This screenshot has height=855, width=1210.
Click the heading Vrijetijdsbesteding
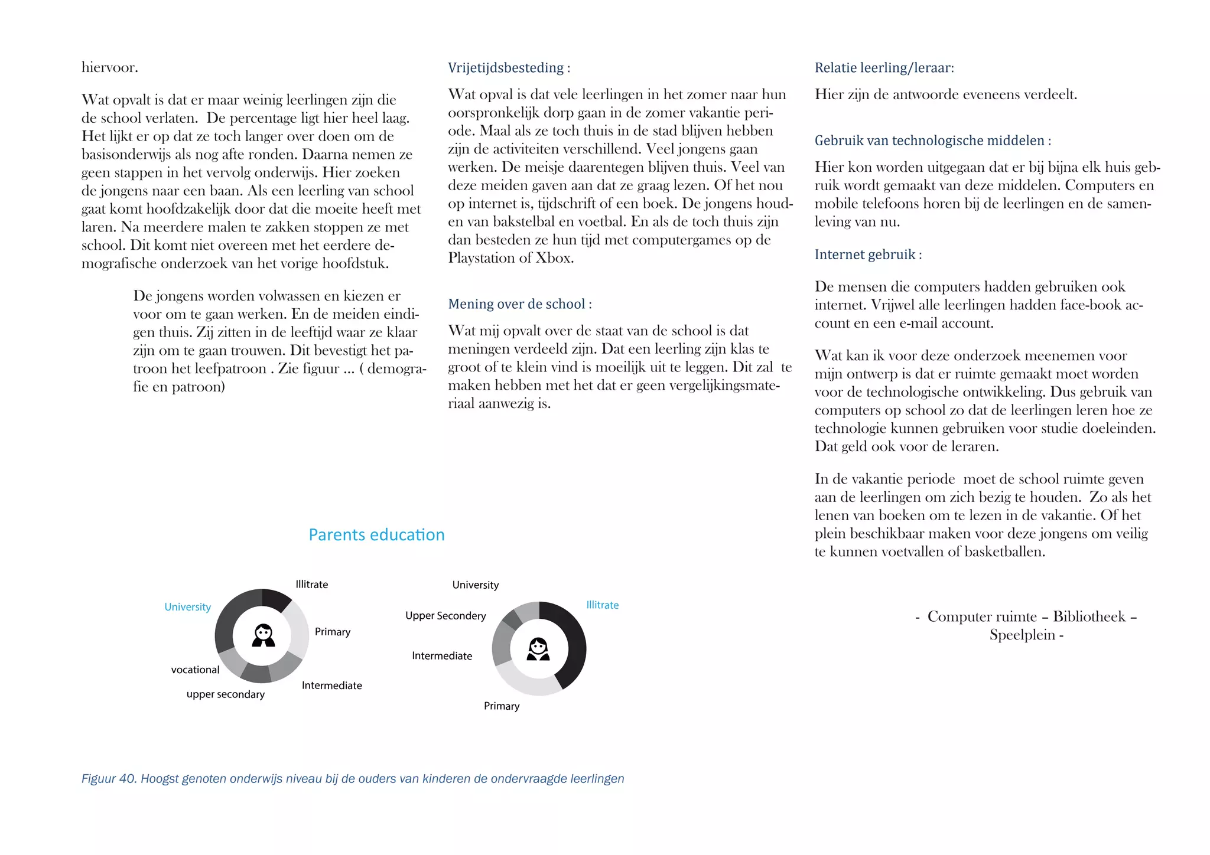(x=506, y=68)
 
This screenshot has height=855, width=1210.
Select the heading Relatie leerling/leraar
(x=884, y=68)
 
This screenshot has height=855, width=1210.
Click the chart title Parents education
(x=376, y=535)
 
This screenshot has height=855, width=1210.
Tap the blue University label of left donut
(x=187, y=607)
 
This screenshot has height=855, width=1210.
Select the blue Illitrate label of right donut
(x=602, y=605)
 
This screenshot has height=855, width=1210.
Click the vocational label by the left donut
(x=195, y=670)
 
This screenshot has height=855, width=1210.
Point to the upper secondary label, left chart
(x=225, y=694)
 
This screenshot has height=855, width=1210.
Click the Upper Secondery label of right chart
(x=445, y=616)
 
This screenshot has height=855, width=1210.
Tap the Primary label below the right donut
(x=502, y=706)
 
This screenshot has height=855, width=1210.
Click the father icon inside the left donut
(x=263, y=636)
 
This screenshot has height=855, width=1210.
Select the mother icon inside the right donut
(x=538, y=649)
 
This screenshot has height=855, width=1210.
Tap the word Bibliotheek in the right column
(x=1089, y=616)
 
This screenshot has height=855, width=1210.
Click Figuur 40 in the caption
(x=108, y=779)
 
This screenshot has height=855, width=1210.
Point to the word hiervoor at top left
(x=109, y=67)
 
